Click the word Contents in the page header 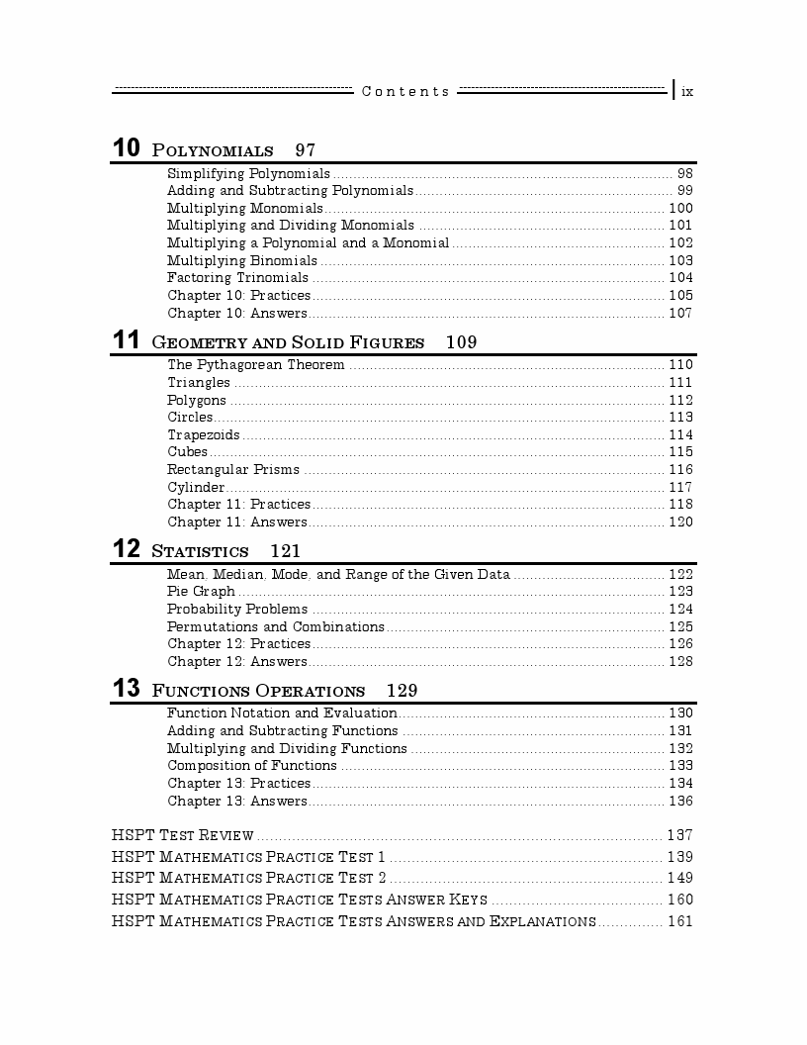point(405,91)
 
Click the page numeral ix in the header point(687,91)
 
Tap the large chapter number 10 point(126,149)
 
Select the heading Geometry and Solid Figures point(288,342)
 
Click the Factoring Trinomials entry point(237,278)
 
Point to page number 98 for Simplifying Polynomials point(684,173)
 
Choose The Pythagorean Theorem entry point(256,365)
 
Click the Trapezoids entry point(203,435)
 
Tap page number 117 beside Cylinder point(680,487)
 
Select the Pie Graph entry point(201,592)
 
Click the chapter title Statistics point(200,551)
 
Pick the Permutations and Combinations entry point(275,626)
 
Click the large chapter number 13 point(126,690)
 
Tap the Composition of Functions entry point(251,766)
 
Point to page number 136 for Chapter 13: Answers point(680,802)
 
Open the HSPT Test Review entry point(183,835)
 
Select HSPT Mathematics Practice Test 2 point(248,878)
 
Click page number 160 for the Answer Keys point(680,900)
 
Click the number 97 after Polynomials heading point(305,150)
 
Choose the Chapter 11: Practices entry point(238,505)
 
